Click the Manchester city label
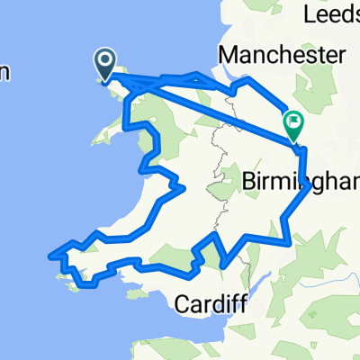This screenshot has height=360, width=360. (282, 56)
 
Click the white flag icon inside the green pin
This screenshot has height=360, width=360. (293, 121)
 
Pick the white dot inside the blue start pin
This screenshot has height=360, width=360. (105, 60)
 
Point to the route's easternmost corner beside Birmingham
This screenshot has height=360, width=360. (310, 186)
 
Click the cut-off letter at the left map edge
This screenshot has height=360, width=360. (4, 74)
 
